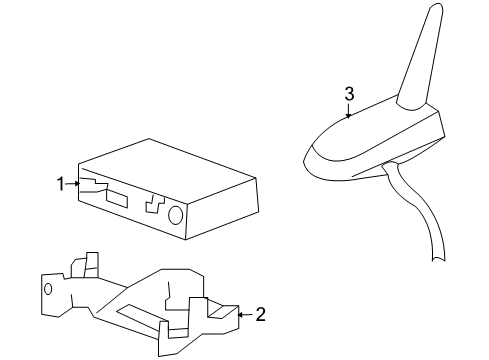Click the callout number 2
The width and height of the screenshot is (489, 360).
[x=260, y=314]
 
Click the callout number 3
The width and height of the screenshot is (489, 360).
[x=349, y=93]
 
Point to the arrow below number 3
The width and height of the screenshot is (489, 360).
[x=349, y=112]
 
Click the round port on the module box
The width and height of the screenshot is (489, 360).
[x=174, y=215]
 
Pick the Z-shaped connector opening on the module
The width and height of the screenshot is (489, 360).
[x=154, y=203]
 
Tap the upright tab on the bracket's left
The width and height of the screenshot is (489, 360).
[x=89, y=267]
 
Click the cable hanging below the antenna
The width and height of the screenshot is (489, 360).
[x=424, y=220]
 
